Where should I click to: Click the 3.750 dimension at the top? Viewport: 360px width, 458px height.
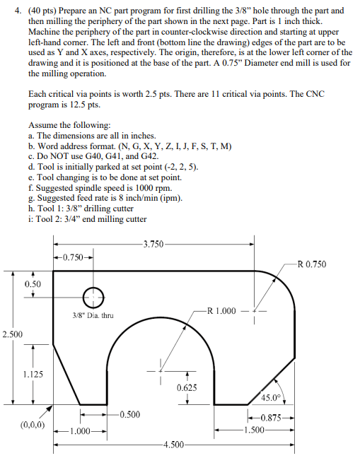[x=153, y=244]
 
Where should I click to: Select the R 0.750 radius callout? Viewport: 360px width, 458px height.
[x=312, y=264]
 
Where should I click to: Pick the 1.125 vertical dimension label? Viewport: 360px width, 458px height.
[x=33, y=375]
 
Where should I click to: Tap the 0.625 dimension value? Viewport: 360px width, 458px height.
[x=187, y=388]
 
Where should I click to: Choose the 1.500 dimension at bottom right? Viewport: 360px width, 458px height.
[x=252, y=429]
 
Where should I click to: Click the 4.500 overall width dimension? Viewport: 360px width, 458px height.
[x=172, y=444]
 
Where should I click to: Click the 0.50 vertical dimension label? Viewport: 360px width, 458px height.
[x=33, y=283]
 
